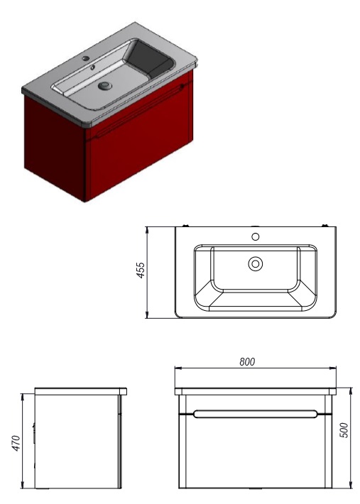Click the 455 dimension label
pos(141,270)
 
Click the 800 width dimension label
pos(247,362)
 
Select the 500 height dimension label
pos(344,429)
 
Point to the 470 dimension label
pos(17,443)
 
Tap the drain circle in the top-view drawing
pos(256,264)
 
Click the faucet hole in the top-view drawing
pos(256,237)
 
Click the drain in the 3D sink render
pos(105,85)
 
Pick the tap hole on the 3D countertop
pos(86,58)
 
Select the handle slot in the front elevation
pos(255,414)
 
